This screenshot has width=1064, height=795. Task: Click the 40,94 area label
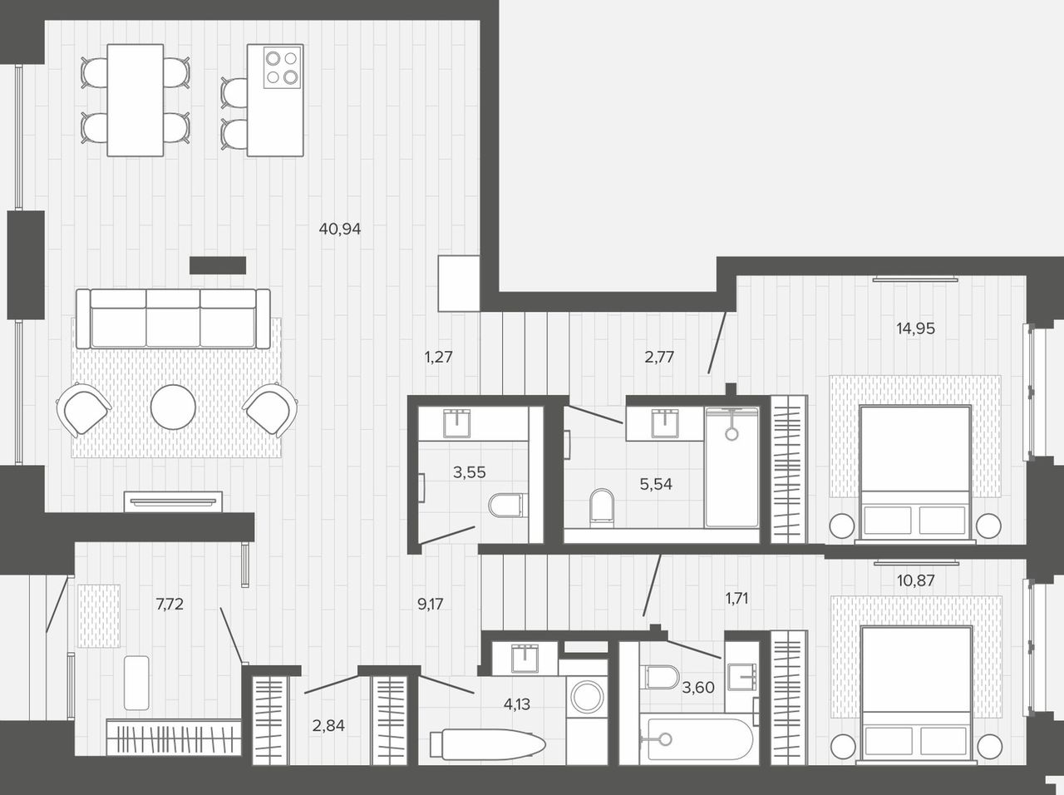[x=340, y=229]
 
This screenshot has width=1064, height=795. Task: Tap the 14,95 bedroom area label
[x=915, y=328]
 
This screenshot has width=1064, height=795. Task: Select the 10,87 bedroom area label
[x=915, y=580]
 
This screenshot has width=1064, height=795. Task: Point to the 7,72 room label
[x=170, y=604]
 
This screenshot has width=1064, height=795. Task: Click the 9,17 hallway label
[x=430, y=604]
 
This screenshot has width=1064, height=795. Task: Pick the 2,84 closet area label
[x=328, y=726]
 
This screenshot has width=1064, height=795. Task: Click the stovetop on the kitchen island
[x=282, y=67]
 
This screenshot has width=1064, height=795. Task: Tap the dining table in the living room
[x=135, y=101]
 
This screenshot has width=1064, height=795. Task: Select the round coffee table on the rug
[x=173, y=407]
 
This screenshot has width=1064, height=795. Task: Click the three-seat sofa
[x=173, y=318]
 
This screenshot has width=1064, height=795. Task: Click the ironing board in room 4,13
[x=488, y=743]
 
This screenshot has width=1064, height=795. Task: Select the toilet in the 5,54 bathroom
[x=602, y=508]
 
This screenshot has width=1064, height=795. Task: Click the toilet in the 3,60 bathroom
[x=660, y=677]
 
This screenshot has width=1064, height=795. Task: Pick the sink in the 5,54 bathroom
[x=666, y=423]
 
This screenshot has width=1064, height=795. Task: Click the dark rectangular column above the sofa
[x=218, y=265]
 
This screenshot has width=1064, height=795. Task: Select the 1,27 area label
[x=438, y=358]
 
